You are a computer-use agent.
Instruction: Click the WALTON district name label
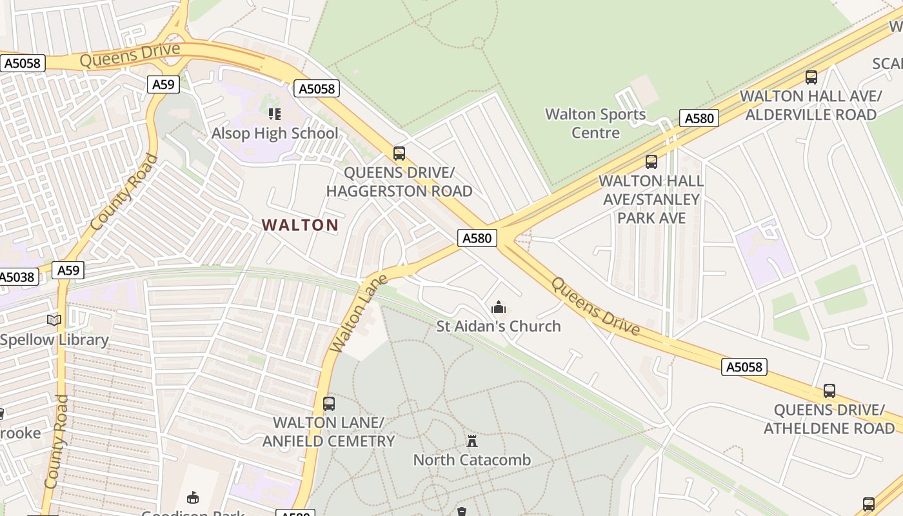(x=300, y=225)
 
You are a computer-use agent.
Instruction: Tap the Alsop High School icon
(x=275, y=114)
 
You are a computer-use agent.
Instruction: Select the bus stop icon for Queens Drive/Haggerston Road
(x=399, y=154)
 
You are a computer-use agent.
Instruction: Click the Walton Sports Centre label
(x=595, y=123)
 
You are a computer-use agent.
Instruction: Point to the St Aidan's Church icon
(x=498, y=307)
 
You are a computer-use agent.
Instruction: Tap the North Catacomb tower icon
(x=472, y=441)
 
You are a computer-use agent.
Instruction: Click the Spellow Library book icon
(x=54, y=320)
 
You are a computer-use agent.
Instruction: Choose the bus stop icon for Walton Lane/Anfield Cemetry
(x=329, y=404)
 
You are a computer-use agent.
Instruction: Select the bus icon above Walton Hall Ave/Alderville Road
(x=811, y=77)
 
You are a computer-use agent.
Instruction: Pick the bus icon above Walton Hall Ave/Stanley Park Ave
(x=651, y=161)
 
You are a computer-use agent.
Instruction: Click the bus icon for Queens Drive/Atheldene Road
(x=829, y=391)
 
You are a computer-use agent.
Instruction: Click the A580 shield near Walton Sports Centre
(x=699, y=118)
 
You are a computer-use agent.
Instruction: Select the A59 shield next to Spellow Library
(x=68, y=270)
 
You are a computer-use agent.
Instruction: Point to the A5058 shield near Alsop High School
(x=317, y=88)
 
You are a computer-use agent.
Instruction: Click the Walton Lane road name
(x=359, y=313)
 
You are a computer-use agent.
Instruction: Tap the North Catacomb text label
(x=471, y=460)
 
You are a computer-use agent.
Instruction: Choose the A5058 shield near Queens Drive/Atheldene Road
(x=744, y=367)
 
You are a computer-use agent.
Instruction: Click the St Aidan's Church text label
(x=499, y=326)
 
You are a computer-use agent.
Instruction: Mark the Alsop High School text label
(x=275, y=134)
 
